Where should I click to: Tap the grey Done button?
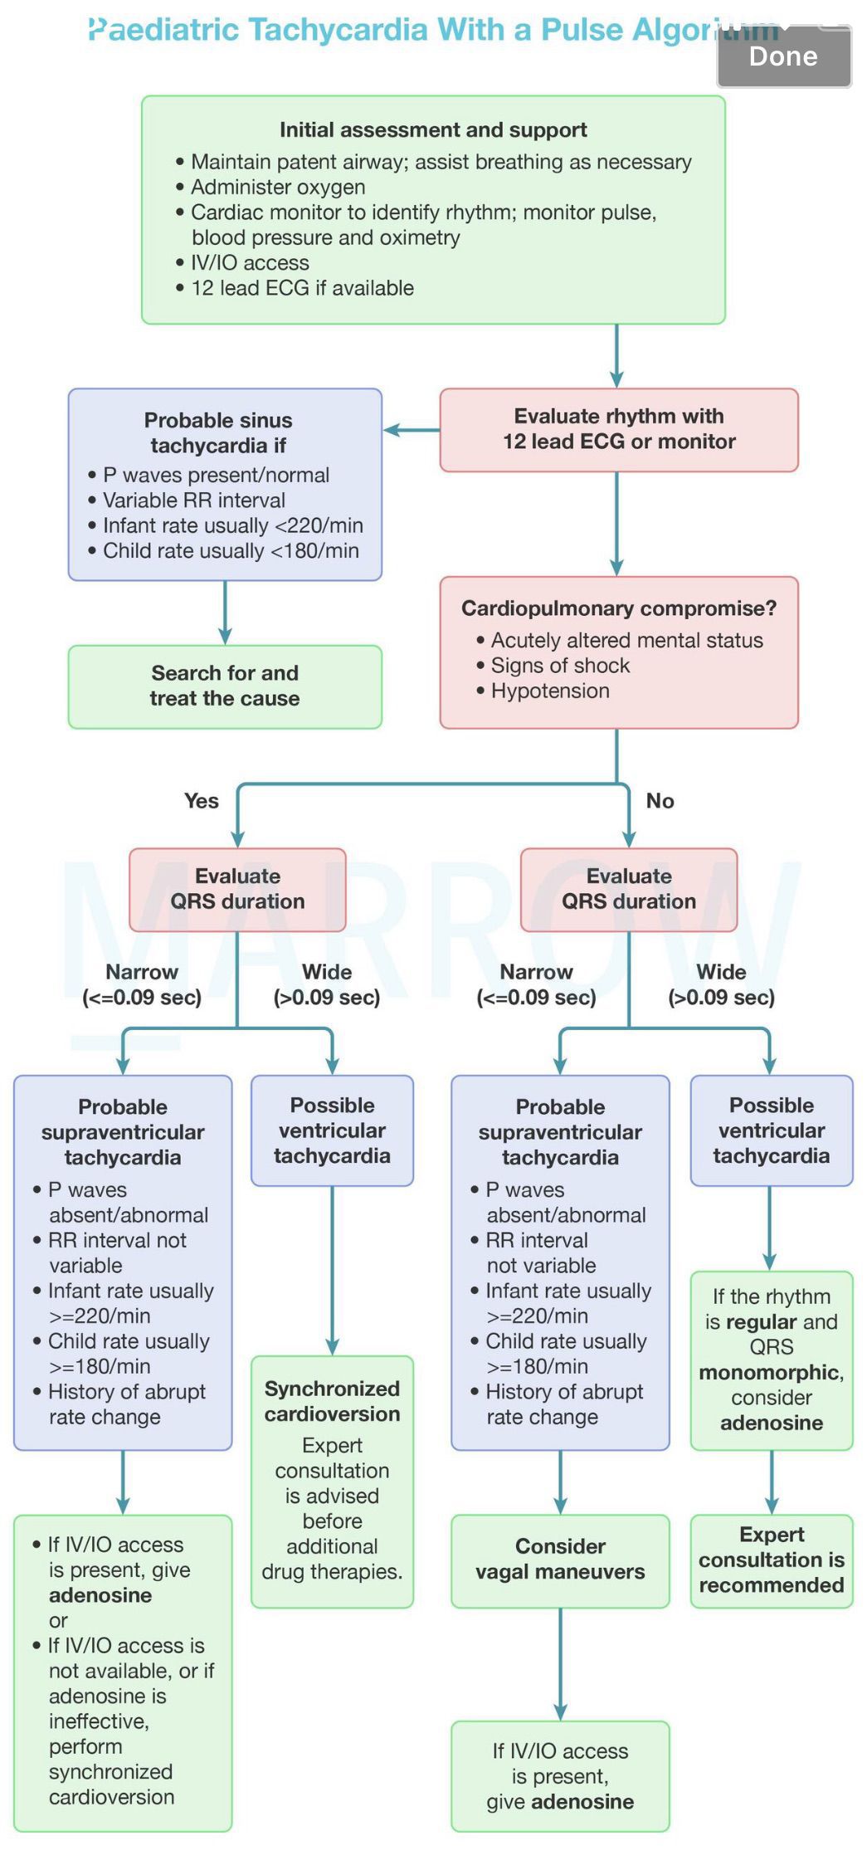click(784, 56)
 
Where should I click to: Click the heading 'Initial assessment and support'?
click(433, 130)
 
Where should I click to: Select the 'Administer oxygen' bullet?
click(278, 188)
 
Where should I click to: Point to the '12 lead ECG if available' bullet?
click(302, 288)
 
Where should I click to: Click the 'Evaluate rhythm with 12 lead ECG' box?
click(619, 429)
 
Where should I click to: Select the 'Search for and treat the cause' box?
click(225, 686)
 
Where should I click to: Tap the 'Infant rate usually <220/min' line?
click(232, 525)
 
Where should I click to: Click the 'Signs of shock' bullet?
click(560, 666)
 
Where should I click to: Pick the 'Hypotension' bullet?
click(549, 691)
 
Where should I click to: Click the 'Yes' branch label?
click(202, 801)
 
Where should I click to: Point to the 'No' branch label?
click(660, 801)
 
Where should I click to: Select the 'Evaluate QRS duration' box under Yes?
click(237, 889)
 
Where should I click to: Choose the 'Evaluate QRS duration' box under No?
click(629, 889)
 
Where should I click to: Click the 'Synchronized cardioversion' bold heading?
click(332, 1401)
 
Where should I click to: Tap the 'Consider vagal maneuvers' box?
click(560, 1560)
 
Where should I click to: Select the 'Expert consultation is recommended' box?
click(772, 1560)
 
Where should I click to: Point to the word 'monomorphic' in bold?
click(769, 1373)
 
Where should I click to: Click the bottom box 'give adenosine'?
click(560, 1777)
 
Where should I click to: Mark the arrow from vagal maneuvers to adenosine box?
click(560, 1664)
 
